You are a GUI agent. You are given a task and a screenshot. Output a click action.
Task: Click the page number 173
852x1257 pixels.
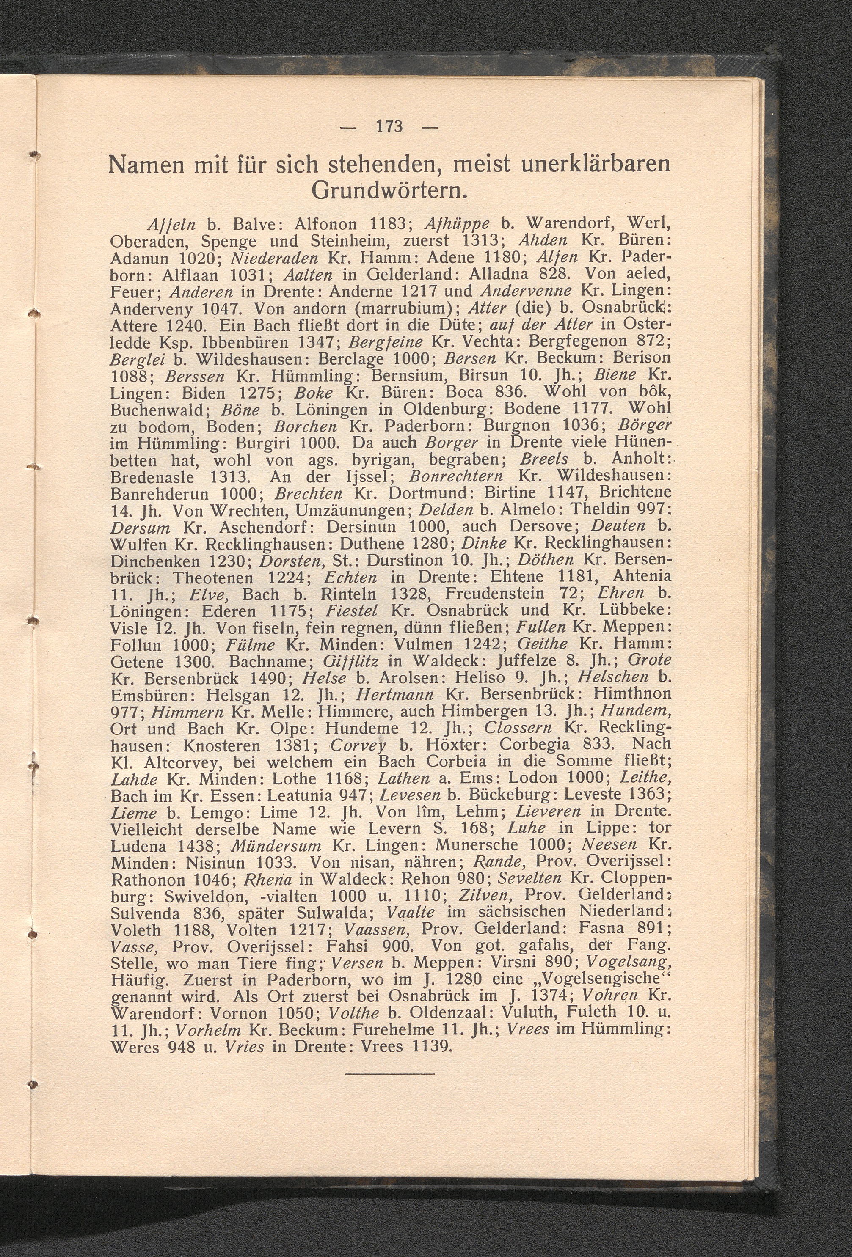(389, 127)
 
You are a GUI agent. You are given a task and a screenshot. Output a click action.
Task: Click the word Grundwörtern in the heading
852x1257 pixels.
(389, 191)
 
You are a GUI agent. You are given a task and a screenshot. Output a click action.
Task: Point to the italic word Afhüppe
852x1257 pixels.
(457, 224)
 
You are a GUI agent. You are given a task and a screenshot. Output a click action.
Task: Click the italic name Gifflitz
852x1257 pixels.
(350, 661)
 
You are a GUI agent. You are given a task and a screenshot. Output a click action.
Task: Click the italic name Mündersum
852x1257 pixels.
(276, 845)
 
